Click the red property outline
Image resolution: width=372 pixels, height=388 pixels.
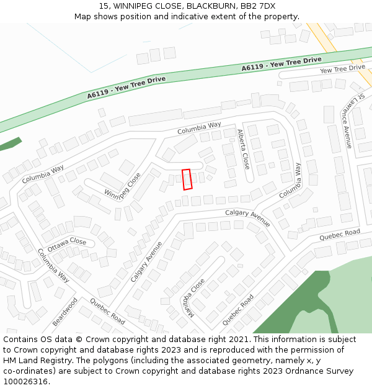click(187, 179)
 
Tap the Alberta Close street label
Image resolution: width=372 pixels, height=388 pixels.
click(243, 150)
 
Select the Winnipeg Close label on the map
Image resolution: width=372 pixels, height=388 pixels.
click(123, 187)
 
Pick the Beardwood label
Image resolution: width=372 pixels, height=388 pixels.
click(64, 312)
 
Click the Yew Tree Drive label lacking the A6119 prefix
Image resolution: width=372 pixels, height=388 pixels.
click(342, 68)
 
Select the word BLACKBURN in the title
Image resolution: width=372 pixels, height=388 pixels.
click(201, 6)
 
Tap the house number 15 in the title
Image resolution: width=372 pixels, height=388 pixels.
click(102, 6)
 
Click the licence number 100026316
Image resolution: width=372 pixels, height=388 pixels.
click(27, 382)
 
